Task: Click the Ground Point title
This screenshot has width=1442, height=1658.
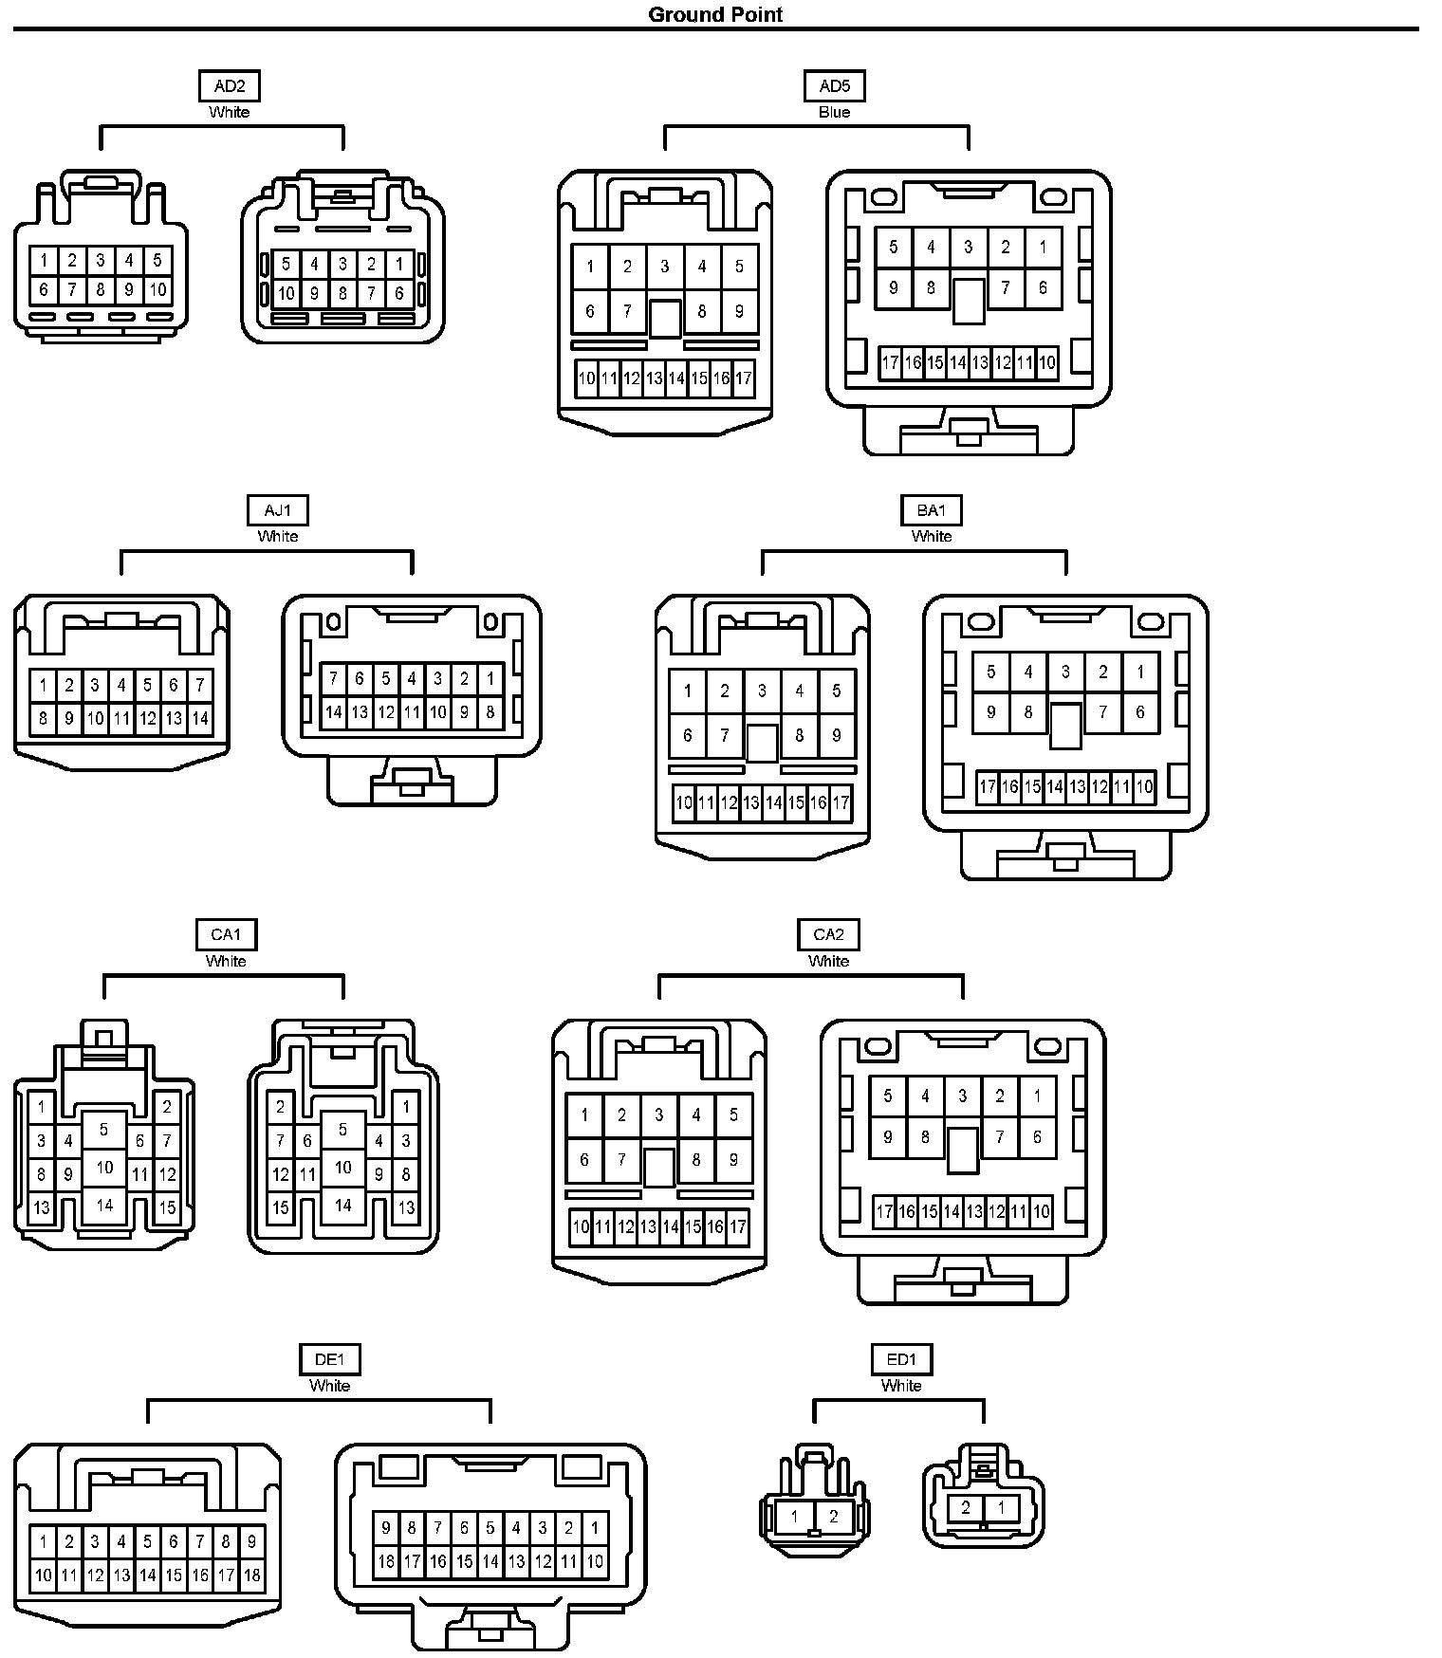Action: coord(715,14)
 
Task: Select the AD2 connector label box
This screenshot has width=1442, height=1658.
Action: coord(229,86)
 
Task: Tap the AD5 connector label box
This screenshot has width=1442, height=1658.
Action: coord(834,86)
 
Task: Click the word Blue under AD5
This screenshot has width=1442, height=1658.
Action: coord(834,112)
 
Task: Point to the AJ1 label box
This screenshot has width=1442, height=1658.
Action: coord(277,510)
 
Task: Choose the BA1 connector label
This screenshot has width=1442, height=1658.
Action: coord(931,510)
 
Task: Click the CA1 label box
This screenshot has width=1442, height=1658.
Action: coord(226,934)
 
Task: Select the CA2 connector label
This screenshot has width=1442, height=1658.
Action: coord(828,934)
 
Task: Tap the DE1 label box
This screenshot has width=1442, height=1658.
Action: coord(329,1359)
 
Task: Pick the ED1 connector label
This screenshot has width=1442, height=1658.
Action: coord(901,1359)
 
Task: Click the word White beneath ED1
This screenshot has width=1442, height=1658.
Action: coord(901,1386)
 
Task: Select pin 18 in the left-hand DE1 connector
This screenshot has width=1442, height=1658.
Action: coord(251,1575)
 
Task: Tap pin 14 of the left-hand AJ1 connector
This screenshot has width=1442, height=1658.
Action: coord(199,718)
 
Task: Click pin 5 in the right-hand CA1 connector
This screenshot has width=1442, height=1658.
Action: coord(342,1130)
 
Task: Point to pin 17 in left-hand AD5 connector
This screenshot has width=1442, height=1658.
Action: coord(744,378)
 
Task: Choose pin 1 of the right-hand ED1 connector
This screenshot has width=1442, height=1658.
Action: coord(1002,1507)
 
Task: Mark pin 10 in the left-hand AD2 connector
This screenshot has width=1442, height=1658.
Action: coord(157,289)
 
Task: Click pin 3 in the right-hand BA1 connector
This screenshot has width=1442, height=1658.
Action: coord(1065,672)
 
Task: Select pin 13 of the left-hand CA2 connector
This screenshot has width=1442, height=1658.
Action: coord(648,1226)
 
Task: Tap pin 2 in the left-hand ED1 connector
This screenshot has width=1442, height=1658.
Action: coord(833,1517)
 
